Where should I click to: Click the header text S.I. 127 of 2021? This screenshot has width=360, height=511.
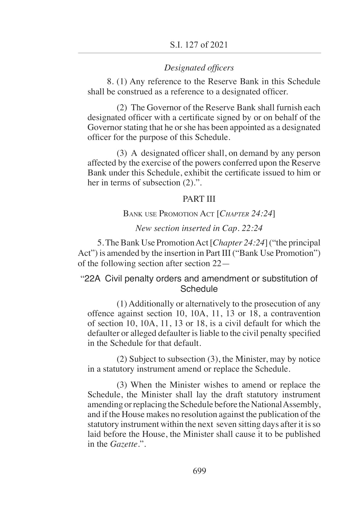199,45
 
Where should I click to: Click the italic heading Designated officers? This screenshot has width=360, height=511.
199,68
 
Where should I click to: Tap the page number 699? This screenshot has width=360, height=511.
199,471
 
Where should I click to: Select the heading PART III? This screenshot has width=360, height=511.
199,199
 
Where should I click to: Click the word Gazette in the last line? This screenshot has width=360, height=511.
123,444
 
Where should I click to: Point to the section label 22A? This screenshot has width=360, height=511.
91,279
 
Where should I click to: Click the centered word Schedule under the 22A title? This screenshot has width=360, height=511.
199,289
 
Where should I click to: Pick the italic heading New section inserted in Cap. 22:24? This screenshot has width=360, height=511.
199,228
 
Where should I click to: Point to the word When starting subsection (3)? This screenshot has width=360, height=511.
141,385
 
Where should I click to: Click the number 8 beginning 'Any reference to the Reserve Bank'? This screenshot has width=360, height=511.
109,82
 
